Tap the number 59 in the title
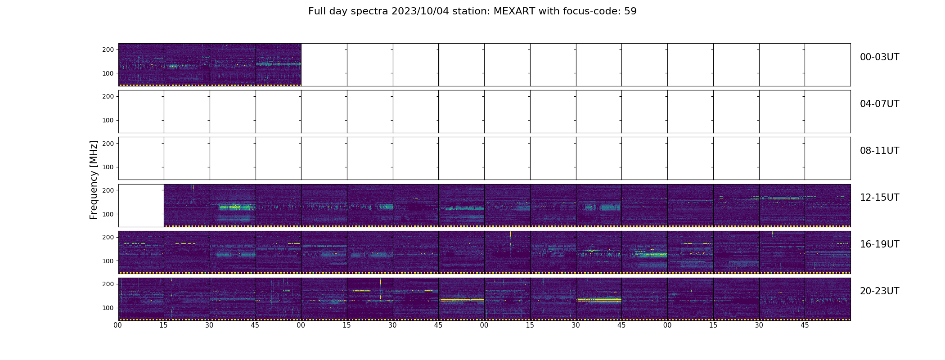point(630,11)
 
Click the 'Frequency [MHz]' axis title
point(94,180)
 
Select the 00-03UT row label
point(879,57)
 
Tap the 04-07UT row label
point(879,104)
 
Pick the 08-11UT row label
point(879,151)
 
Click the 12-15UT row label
point(879,198)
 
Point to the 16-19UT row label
point(879,244)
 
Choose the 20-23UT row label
point(879,291)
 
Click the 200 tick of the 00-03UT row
point(108,49)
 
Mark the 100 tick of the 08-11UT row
point(108,167)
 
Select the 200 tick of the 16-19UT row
point(108,237)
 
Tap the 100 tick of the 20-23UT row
point(108,308)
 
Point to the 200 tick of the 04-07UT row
point(108,96)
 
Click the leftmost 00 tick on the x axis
point(118,325)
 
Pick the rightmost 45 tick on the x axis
point(805,325)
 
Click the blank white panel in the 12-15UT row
point(141,205)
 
